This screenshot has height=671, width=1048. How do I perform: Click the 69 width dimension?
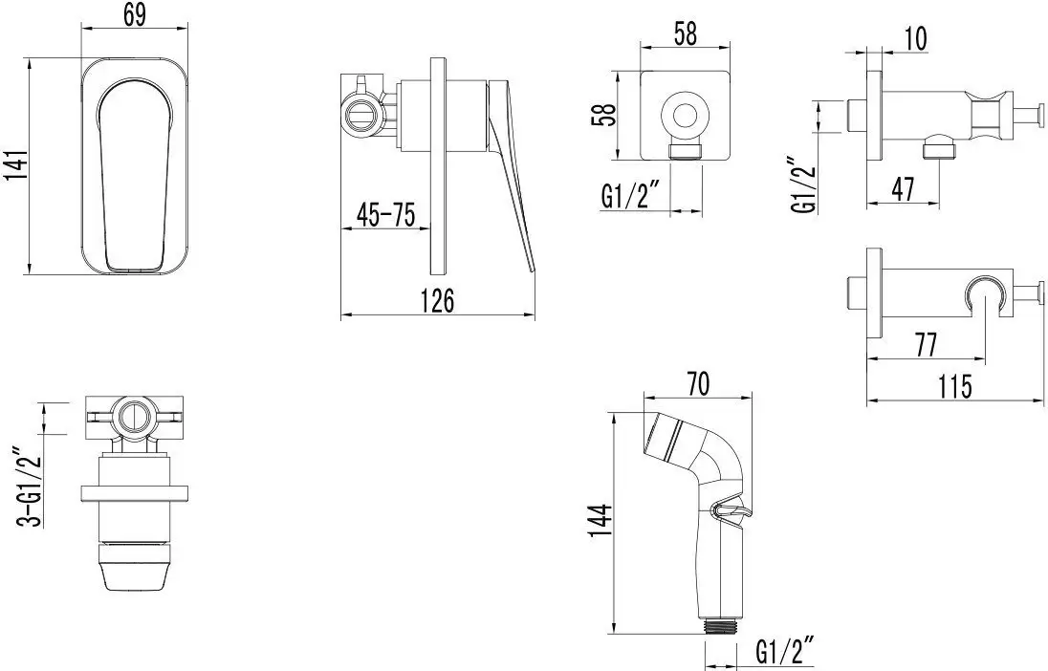point(134,14)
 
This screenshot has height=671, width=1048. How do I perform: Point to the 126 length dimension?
point(438,300)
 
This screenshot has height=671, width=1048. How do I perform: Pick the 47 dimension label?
point(903,189)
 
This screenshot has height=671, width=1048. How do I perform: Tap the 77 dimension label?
point(925,345)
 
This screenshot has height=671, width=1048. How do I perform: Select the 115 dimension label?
point(955,386)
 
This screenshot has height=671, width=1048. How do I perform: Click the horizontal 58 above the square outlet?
point(685,33)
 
